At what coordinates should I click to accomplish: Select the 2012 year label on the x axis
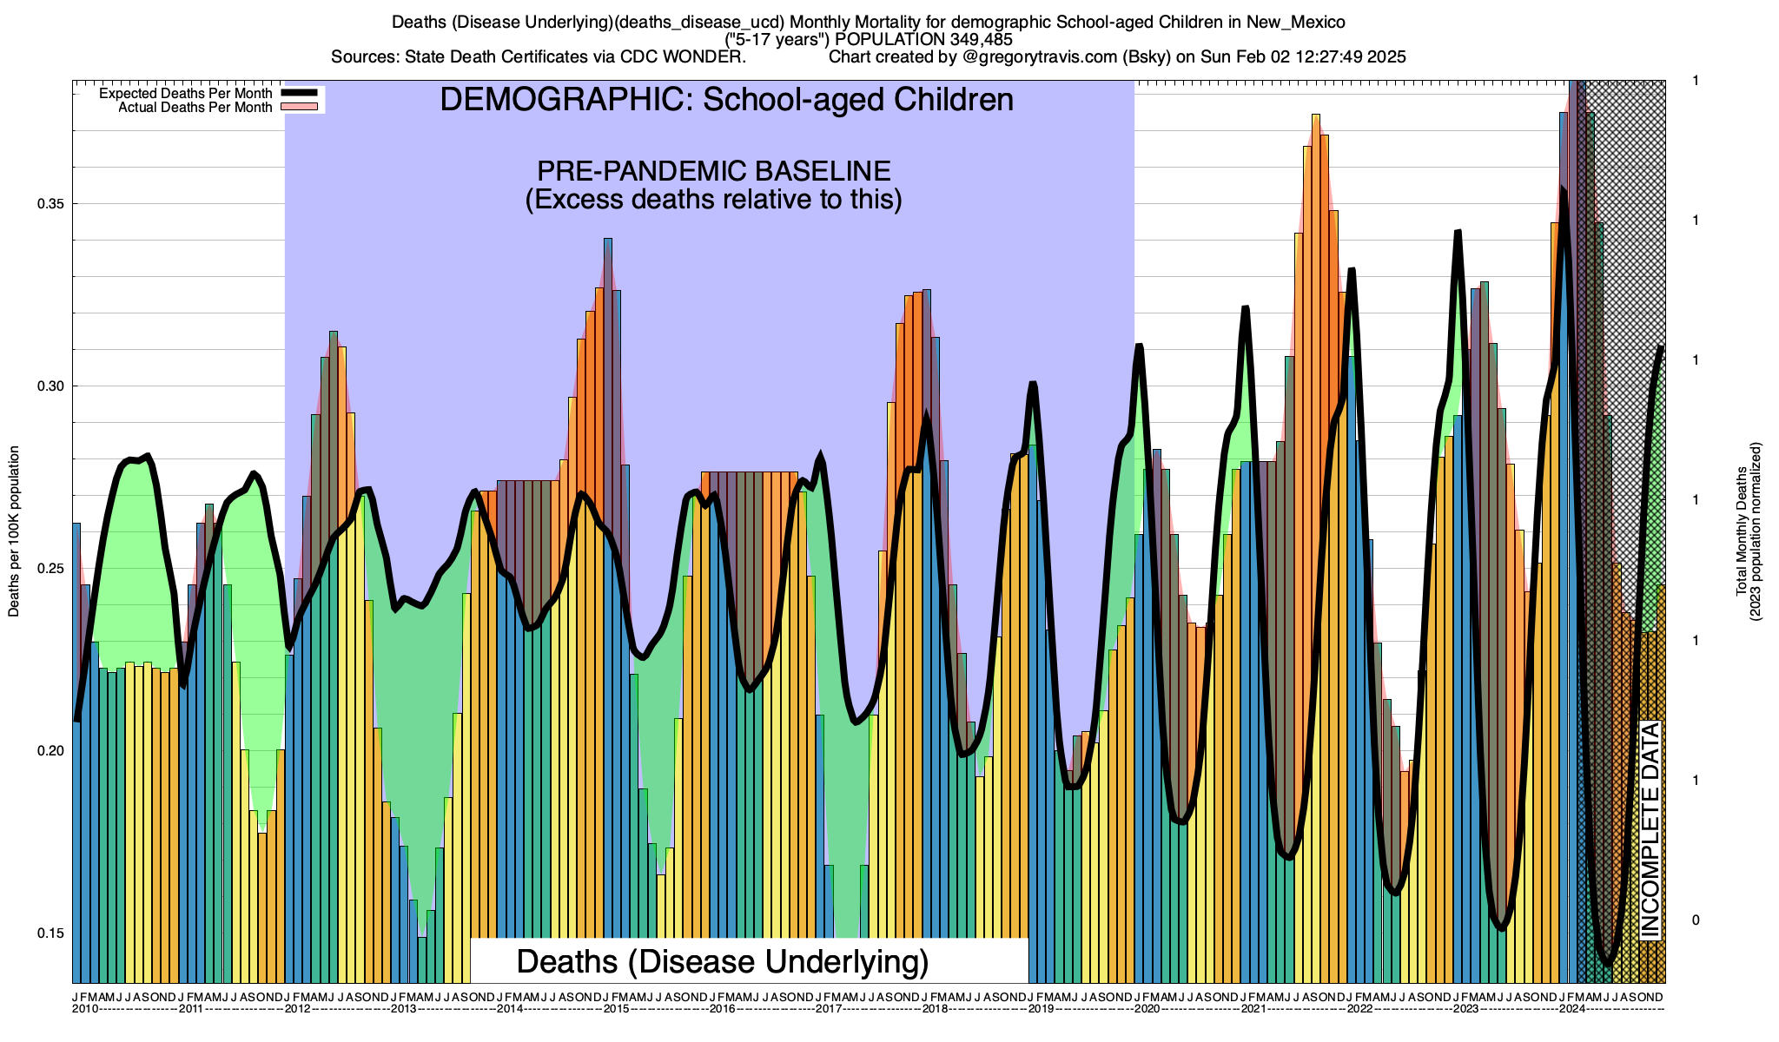[298, 1009]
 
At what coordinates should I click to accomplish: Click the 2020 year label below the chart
[1147, 1009]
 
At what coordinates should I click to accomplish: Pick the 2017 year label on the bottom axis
[829, 1009]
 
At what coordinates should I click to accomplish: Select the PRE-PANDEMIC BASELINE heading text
[713, 170]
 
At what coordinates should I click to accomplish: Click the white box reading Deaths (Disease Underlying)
[723, 961]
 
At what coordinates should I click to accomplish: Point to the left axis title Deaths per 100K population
[14, 531]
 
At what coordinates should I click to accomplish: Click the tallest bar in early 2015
[608, 434]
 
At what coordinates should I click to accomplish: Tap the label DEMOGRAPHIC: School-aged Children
[726, 100]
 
